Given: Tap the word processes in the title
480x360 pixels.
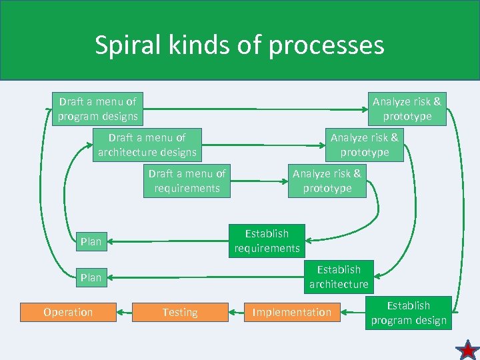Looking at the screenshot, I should click(x=333, y=45).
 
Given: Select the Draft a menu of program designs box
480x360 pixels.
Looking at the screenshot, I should click(x=97, y=109).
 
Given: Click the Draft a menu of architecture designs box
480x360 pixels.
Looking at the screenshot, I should click(x=147, y=145).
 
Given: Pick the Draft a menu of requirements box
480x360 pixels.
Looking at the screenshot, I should click(x=187, y=181).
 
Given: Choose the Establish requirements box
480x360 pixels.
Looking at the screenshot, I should click(x=267, y=241).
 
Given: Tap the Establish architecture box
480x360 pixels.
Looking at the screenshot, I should click(x=339, y=277).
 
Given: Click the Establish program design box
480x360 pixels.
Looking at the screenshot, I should click(x=409, y=313).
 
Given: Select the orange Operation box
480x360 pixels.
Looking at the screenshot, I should click(x=68, y=312).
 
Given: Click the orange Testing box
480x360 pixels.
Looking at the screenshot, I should click(x=180, y=312).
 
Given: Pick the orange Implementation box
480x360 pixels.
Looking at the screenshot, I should click(x=292, y=312).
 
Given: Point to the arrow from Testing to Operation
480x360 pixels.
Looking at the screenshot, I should click(x=124, y=312).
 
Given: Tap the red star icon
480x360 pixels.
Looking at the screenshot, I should click(x=468, y=349).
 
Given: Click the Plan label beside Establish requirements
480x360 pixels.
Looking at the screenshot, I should click(x=91, y=241).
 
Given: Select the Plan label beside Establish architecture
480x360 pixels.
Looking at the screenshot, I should click(x=91, y=277).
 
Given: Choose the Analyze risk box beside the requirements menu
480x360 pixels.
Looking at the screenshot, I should click(x=327, y=181).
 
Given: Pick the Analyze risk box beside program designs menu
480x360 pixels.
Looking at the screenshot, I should click(x=407, y=109).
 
